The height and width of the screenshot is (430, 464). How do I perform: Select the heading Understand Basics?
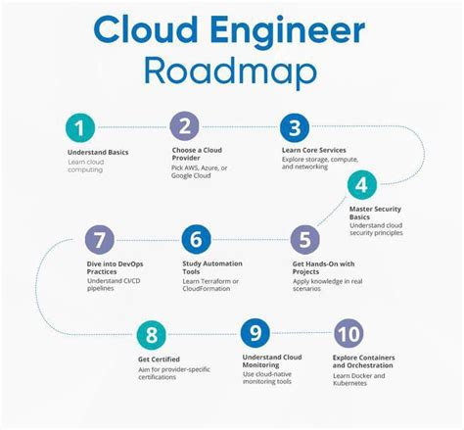97,154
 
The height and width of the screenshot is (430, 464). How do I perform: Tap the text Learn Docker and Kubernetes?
359,379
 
